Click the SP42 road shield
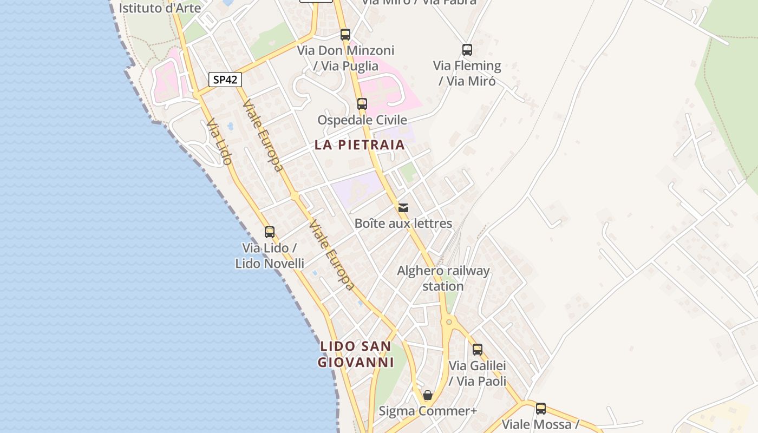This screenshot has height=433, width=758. [225, 80]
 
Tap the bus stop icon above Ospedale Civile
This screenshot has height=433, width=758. [362, 103]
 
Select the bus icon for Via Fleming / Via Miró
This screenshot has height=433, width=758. [467, 50]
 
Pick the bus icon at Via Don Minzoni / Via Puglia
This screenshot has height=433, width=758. [345, 35]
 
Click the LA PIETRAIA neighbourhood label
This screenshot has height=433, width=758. [360, 145]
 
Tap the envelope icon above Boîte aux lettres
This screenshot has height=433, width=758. [403, 207]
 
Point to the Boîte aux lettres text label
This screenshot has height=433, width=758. [403, 223]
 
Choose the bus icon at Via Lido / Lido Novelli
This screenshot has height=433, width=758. [270, 232]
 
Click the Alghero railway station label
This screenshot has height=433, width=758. [443, 278]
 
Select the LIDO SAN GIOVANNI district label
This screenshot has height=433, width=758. [356, 354]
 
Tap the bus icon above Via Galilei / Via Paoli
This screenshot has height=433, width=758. [477, 350]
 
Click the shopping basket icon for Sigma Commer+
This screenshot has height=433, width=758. [428, 395]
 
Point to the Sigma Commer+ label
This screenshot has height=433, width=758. [428, 411]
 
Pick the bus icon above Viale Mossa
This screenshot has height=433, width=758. [540, 409]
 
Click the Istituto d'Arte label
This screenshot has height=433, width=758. [160, 8]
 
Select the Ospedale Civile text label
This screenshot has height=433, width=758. [362, 120]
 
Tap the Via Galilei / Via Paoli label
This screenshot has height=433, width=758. [477, 373]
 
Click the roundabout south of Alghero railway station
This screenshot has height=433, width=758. [449, 322]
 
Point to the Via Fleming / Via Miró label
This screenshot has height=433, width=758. [467, 73]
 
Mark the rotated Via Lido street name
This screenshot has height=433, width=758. [219, 142]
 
